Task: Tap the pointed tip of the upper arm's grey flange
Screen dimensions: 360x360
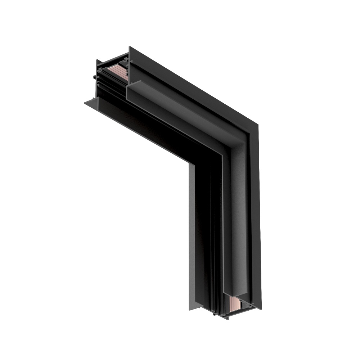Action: coord(86,103)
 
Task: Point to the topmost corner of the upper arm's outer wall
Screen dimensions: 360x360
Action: coord(130,47)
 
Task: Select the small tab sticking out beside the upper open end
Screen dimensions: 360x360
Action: coord(94,77)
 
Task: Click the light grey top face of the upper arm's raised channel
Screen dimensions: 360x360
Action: coord(180,108)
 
